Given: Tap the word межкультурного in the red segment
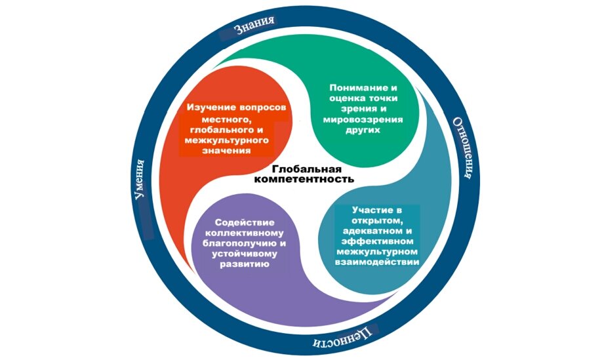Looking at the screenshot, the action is [225, 140].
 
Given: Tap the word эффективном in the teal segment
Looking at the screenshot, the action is [377, 241].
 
